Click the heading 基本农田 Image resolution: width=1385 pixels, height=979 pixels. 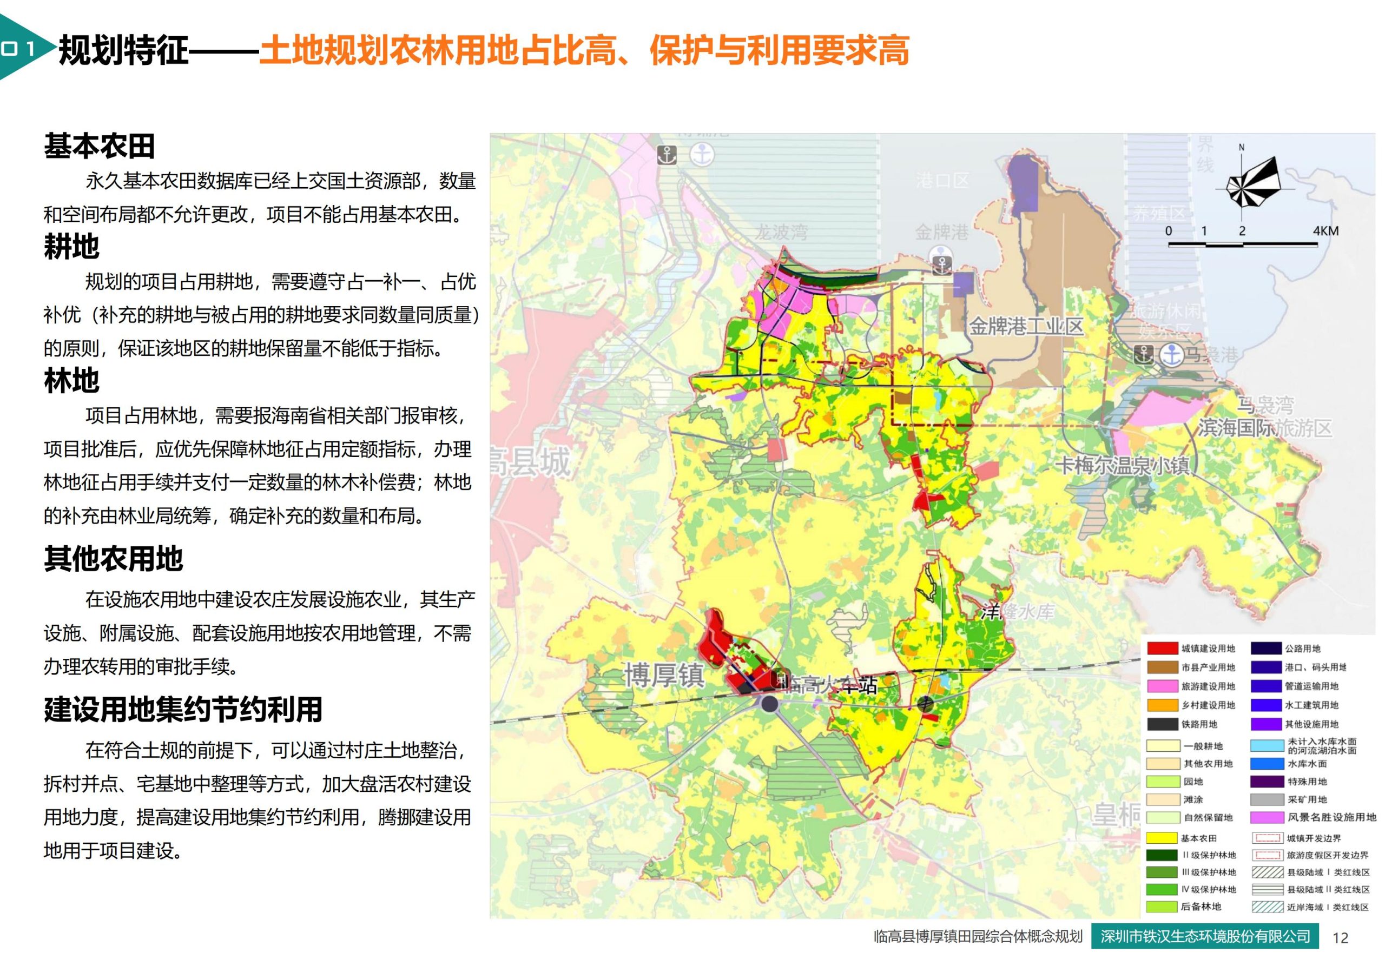[x=100, y=146]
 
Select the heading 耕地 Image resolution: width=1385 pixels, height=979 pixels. [x=71, y=247]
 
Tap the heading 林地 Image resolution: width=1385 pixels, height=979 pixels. [x=71, y=381]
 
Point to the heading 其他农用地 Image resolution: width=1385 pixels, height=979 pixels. [x=113, y=559]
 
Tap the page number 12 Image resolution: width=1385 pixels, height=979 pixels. [x=1340, y=938]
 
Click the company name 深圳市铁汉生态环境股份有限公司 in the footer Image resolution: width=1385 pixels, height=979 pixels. [x=1205, y=937]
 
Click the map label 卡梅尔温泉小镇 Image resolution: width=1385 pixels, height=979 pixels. [x=1123, y=466]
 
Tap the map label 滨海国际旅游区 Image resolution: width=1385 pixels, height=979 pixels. [x=1264, y=428]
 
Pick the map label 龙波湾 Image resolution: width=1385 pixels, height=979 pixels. [x=781, y=231]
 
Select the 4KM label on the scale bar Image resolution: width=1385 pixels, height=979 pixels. [x=1325, y=231]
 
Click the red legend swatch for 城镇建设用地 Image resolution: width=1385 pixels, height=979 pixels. [x=1162, y=649]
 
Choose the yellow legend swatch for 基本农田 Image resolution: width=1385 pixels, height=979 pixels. [x=1162, y=838]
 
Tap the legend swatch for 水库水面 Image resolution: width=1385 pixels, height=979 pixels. [x=1266, y=764]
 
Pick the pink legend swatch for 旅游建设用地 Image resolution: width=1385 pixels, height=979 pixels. [x=1162, y=686]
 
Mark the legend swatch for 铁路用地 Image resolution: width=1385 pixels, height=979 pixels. [x=1162, y=724]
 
